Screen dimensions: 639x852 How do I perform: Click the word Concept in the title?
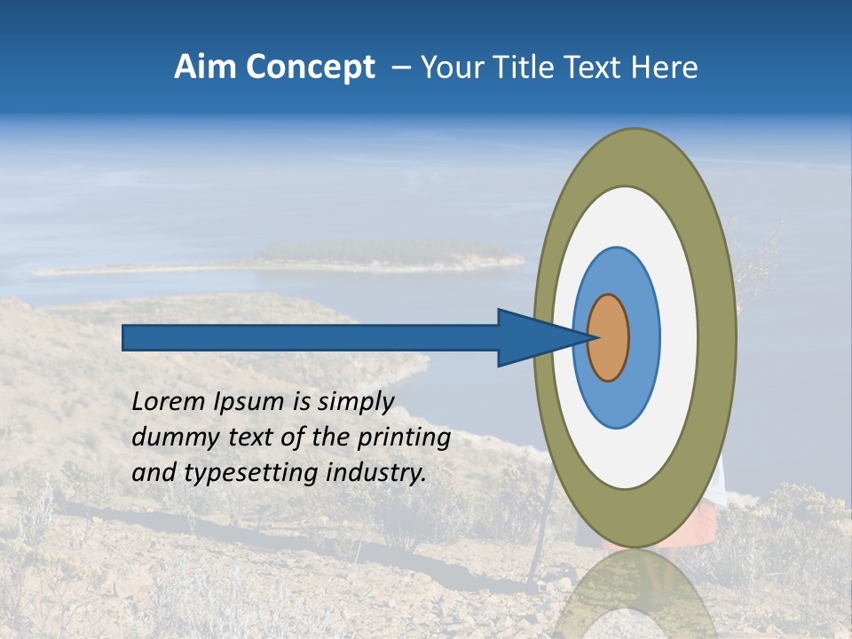(310, 67)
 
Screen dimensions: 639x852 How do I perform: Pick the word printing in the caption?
(404, 438)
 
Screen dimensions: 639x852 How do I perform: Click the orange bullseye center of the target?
(609, 337)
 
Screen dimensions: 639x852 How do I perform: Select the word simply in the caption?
(355, 402)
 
